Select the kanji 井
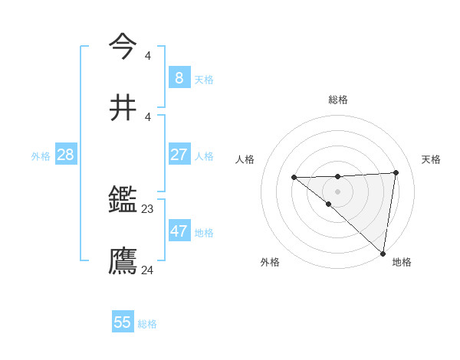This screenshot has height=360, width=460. (x=123, y=107)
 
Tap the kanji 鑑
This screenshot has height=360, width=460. (x=123, y=201)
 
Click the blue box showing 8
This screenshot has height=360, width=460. (x=179, y=78)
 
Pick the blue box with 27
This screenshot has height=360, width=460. (x=179, y=155)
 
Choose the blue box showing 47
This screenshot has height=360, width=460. (x=179, y=231)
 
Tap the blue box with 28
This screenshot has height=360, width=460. (x=65, y=155)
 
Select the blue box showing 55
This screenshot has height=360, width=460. (x=123, y=322)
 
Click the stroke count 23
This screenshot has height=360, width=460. (x=148, y=208)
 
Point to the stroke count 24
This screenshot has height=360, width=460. (x=148, y=270)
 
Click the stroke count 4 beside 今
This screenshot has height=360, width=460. (x=148, y=55)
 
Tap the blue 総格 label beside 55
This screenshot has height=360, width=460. (x=147, y=324)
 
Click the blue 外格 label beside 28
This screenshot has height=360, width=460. (x=41, y=156)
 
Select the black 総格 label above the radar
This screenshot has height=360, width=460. (x=337, y=100)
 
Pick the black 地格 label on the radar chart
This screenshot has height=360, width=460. (x=402, y=262)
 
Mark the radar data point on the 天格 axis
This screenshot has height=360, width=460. (x=396, y=172)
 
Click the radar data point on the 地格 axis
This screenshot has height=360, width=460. (x=383, y=253)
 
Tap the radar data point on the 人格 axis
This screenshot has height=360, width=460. (x=294, y=178)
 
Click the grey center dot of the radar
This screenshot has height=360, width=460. (x=337, y=191)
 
